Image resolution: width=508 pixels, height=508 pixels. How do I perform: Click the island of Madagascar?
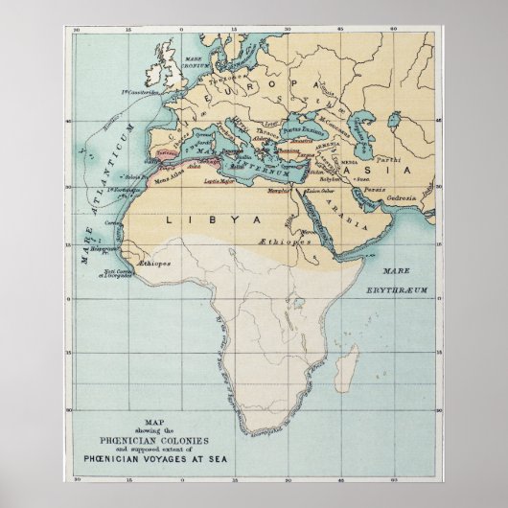tap(351, 362)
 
